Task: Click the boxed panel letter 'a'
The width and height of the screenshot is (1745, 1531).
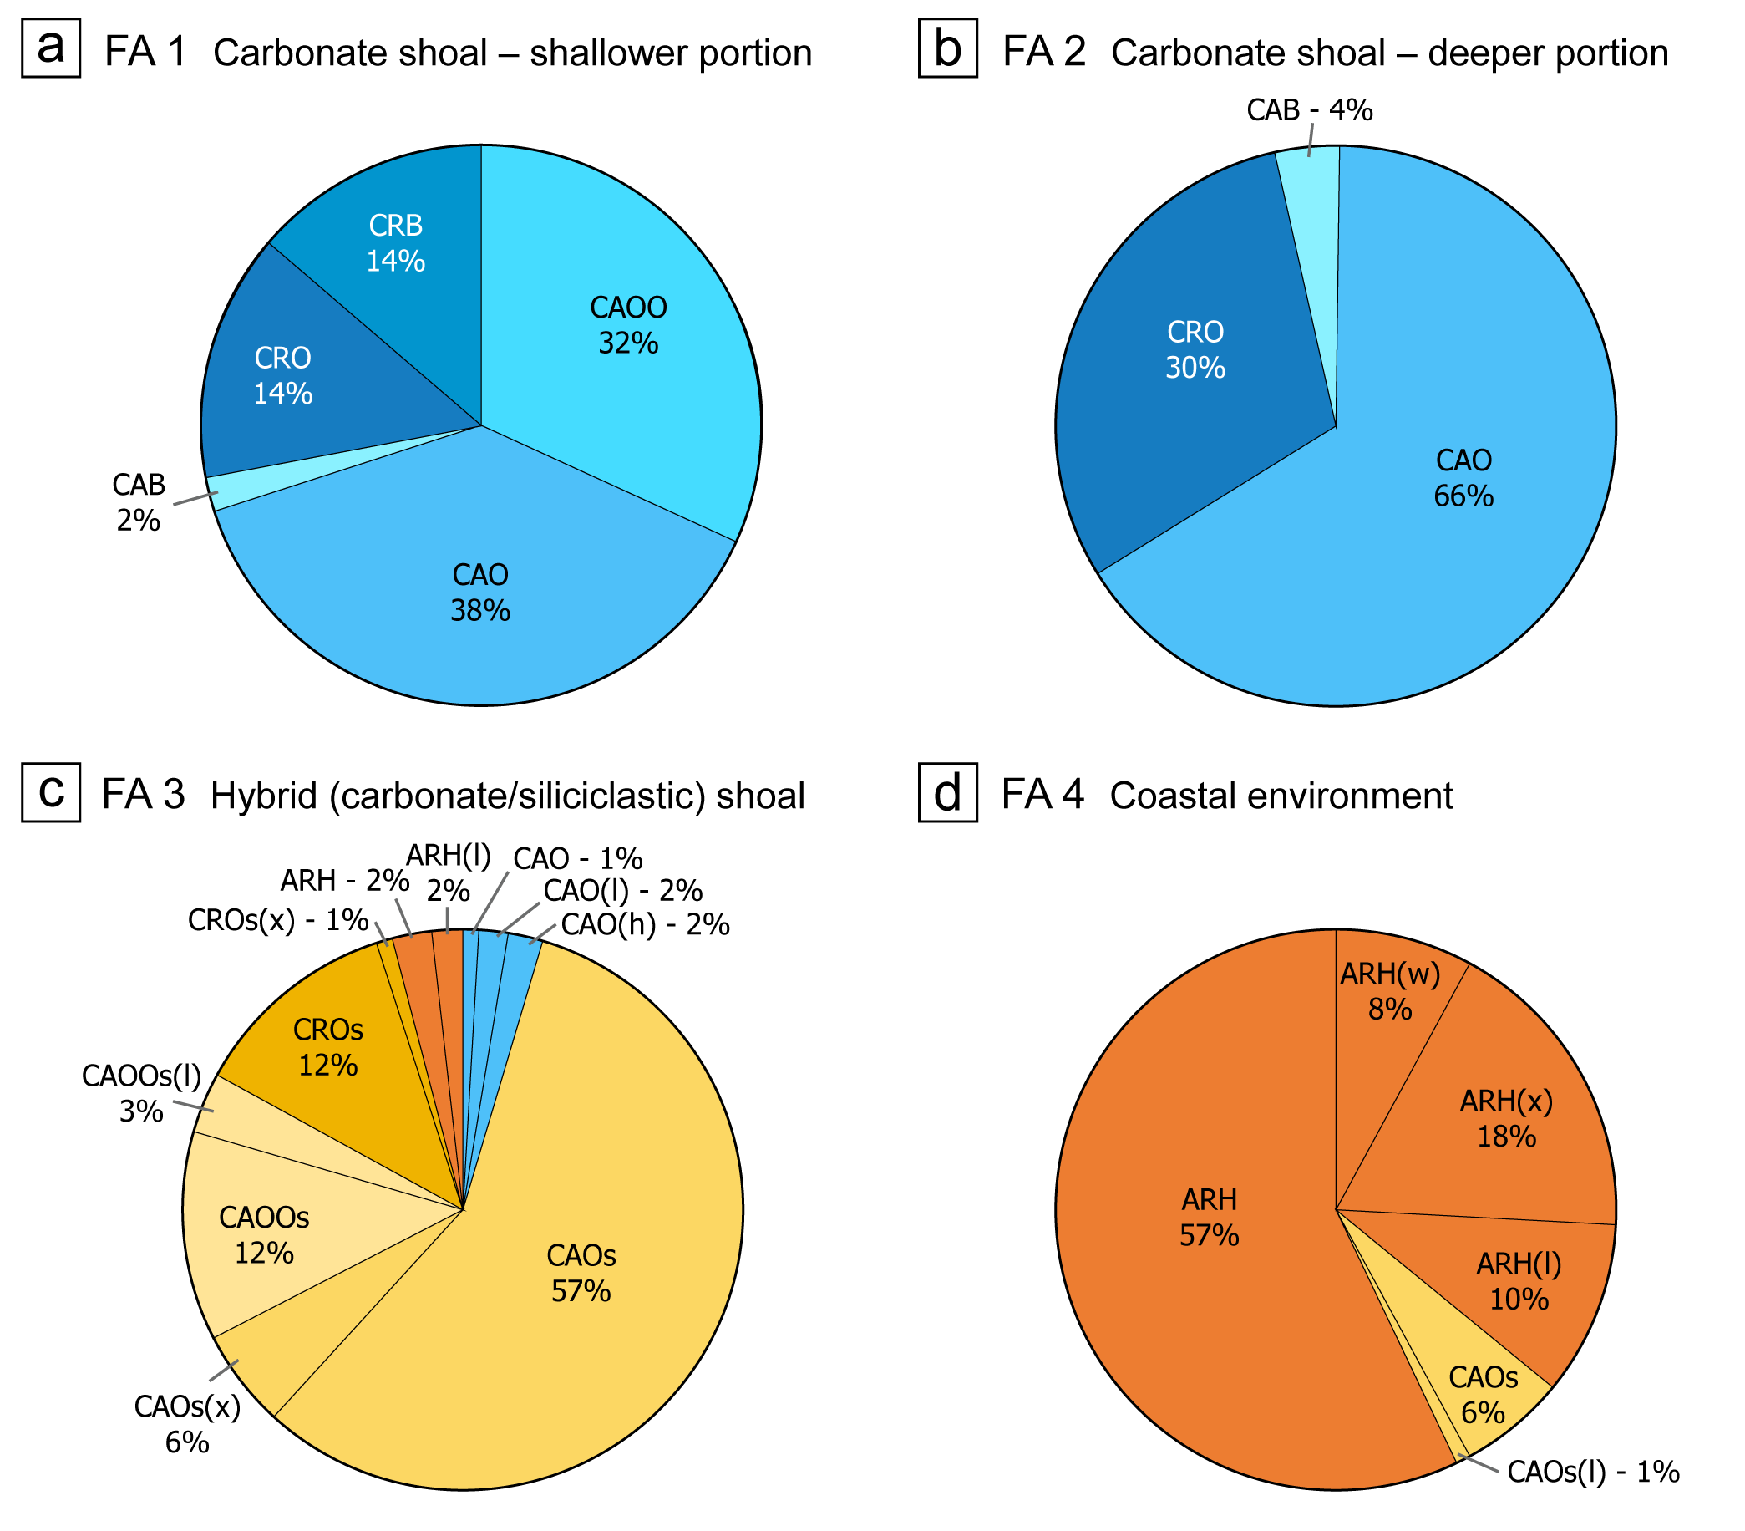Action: (51, 48)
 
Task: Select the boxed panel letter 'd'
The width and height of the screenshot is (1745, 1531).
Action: (947, 792)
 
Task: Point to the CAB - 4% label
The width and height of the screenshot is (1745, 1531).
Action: (1309, 110)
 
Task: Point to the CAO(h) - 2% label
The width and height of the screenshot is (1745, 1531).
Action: (645, 925)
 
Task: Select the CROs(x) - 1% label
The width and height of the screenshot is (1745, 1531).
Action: (277, 920)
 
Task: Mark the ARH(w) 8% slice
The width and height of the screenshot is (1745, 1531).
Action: (1390, 990)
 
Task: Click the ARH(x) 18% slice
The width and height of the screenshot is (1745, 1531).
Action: (1506, 1118)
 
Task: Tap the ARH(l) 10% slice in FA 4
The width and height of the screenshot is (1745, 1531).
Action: (1519, 1281)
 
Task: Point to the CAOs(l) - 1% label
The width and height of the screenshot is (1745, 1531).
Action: (1593, 1472)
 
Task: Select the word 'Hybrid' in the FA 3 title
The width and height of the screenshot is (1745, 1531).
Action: (265, 796)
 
